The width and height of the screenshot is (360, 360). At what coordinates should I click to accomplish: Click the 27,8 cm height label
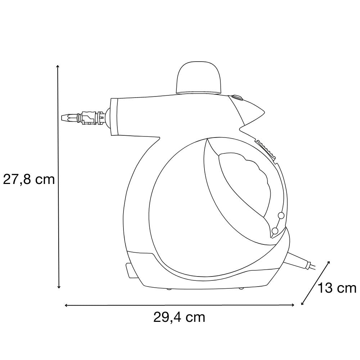pyautogui.click(x=29, y=179)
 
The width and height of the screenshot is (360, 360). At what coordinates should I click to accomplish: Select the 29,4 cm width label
pyautogui.click(x=179, y=318)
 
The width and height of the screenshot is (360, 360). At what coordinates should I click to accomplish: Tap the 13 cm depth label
pyautogui.click(x=337, y=288)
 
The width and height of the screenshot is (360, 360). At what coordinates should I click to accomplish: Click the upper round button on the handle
pyautogui.click(x=281, y=215)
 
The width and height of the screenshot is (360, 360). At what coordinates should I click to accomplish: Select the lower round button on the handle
pyautogui.click(x=275, y=230)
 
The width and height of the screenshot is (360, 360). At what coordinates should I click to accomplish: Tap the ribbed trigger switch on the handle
pyautogui.click(x=266, y=149)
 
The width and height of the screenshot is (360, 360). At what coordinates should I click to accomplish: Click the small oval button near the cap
pyautogui.click(x=237, y=98)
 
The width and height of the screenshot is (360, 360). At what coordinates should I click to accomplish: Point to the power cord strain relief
pyautogui.click(x=298, y=261)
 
